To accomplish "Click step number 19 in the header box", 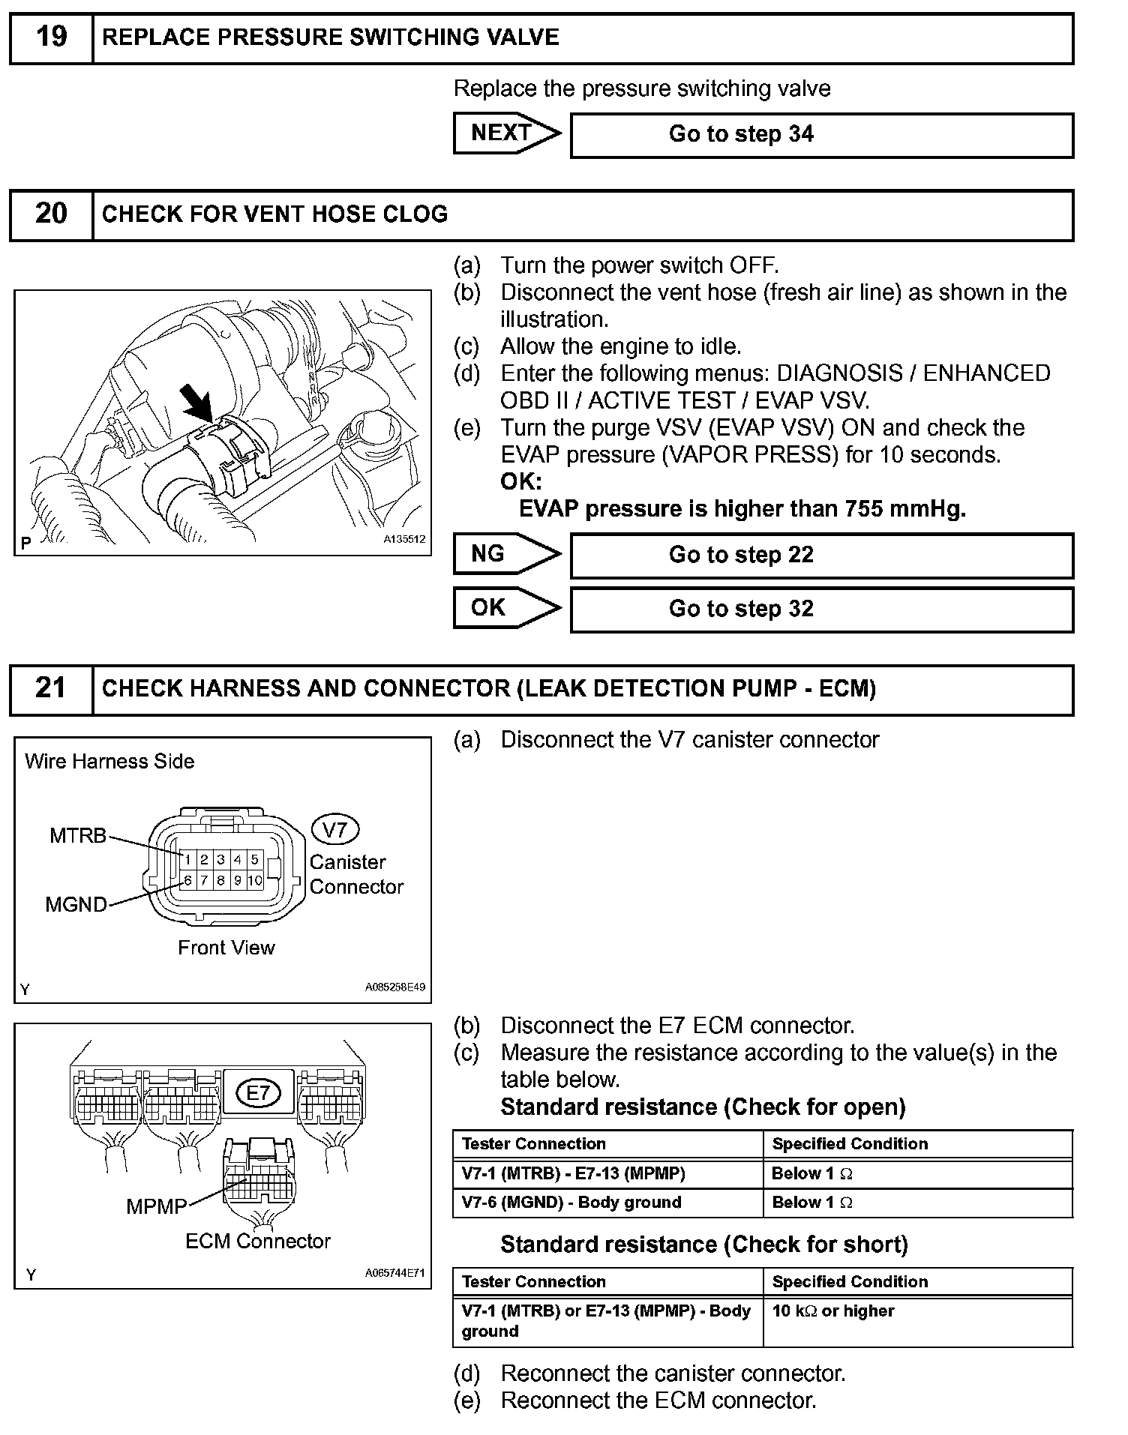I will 51,37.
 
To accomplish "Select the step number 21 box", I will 51,688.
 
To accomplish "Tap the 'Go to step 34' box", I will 821,135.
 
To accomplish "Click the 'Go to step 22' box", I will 821,556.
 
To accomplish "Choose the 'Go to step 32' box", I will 821,609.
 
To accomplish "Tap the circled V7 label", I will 334,830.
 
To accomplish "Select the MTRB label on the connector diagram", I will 78,836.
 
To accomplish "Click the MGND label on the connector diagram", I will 76,904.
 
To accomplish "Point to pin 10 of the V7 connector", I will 255,880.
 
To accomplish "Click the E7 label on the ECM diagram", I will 258,1093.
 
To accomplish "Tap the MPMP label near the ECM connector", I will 156,1206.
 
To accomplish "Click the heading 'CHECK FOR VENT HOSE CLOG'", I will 274,214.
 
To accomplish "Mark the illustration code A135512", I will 404,539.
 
